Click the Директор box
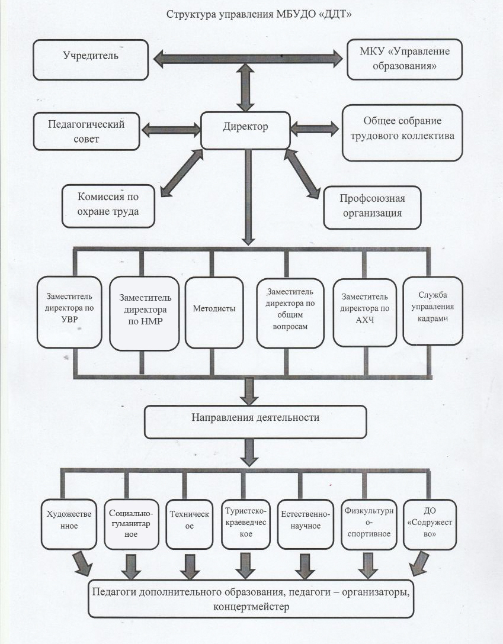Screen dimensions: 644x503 (246, 127)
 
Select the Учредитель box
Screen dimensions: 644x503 (91, 57)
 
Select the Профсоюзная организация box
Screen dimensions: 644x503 (371, 207)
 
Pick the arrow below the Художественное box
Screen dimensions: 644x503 (83, 564)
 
